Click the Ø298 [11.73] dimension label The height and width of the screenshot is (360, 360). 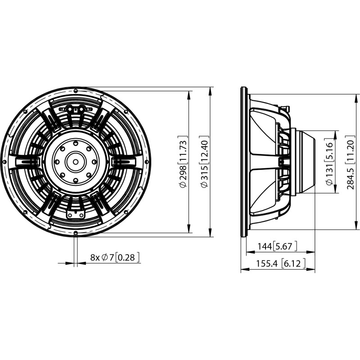point(183,162)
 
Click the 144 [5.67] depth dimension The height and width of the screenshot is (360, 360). point(277,246)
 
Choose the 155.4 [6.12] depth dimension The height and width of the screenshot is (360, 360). point(280,263)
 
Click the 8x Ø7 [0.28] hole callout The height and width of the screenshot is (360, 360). point(115,257)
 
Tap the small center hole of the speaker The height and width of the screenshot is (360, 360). point(76,162)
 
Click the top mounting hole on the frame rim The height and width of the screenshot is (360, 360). point(76,91)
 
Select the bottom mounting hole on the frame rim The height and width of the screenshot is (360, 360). point(76,233)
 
